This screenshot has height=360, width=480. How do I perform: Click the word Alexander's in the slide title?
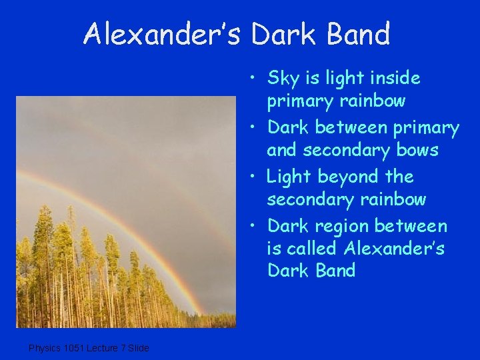(163, 34)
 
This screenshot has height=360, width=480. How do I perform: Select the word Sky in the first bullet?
(282, 78)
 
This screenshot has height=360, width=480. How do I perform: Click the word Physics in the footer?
(45, 347)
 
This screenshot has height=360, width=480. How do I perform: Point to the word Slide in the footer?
(139, 347)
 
